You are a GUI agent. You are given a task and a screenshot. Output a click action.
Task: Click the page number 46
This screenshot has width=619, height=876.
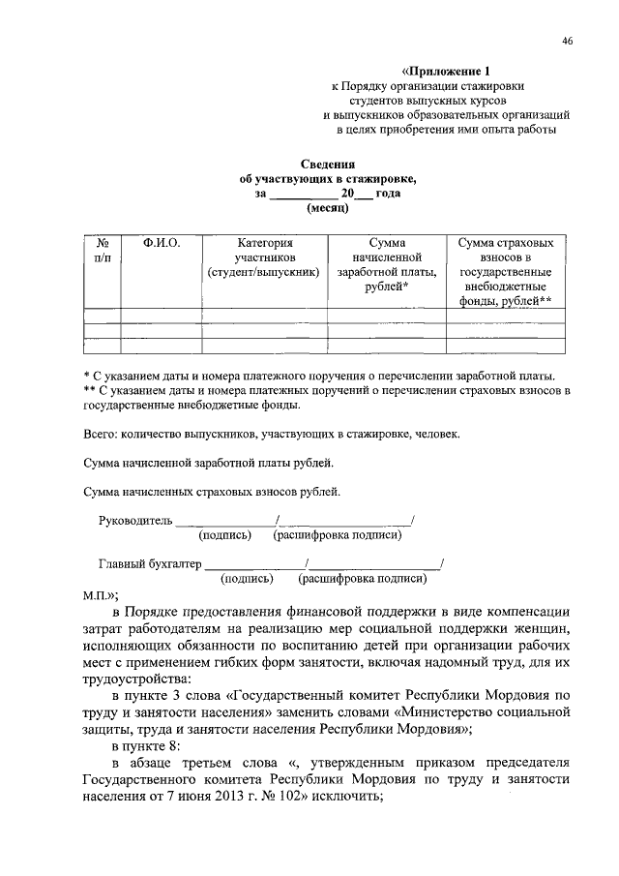pos(567,41)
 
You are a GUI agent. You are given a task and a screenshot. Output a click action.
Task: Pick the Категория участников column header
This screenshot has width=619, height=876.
pos(264,257)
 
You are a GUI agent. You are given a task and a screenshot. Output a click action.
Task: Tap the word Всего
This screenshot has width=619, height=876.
pos(100,435)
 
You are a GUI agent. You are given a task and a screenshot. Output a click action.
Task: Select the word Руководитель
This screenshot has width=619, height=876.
pos(135,521)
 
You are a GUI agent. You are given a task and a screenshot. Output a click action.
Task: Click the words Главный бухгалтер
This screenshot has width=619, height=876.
pos(150,563)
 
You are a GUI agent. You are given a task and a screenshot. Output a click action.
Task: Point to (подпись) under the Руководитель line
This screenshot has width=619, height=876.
pos(225,535)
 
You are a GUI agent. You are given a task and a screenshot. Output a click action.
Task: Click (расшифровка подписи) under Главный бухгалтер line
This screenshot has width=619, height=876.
pos(363,578)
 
